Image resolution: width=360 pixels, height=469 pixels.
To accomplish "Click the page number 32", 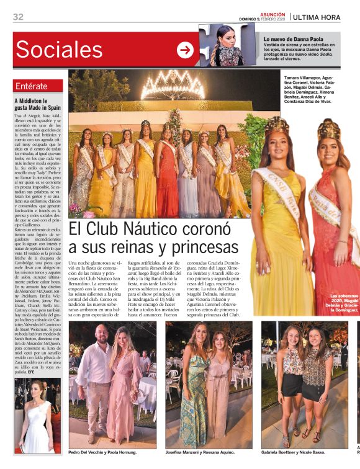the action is (x=18, y=17).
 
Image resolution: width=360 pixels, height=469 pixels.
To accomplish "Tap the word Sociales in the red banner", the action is (x=59, y=50).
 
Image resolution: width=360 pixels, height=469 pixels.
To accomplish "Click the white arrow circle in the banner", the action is (x=185, y=50).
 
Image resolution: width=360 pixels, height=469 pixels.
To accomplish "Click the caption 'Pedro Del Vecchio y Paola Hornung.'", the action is (x=102, y=452).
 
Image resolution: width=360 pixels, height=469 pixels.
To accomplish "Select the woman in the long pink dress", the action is (x=127, y=385).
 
